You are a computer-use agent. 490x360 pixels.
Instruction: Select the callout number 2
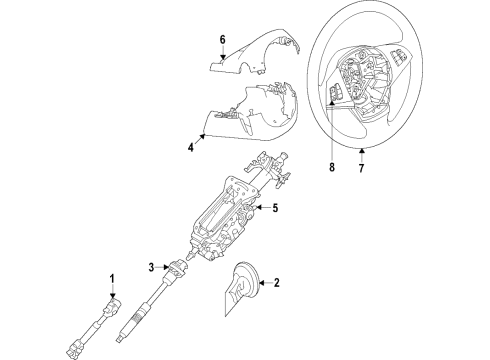click(x=279, y=284)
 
